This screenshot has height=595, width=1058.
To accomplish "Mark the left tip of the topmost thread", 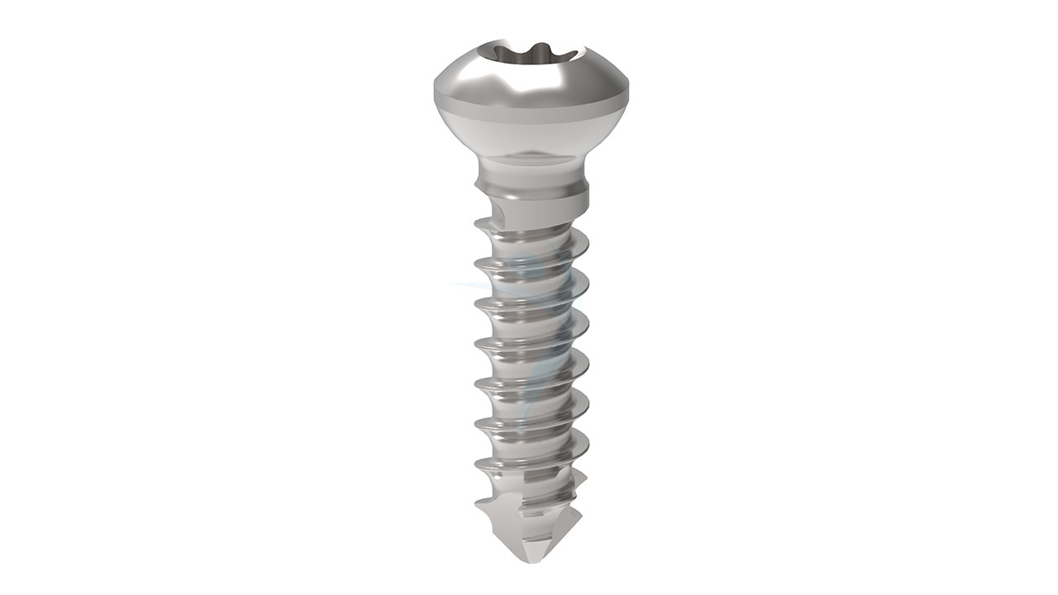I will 478,221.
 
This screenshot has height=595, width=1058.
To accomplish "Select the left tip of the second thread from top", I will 477,262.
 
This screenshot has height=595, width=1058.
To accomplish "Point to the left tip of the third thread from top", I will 477,303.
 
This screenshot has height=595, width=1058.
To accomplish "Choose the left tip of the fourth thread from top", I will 477,342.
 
